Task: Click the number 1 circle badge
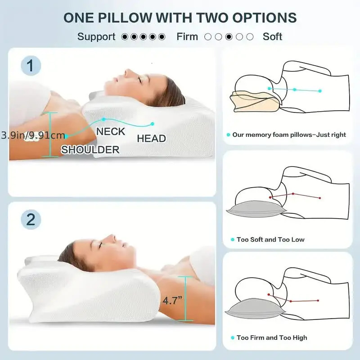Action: tap(31, 67)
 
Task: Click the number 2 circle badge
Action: tap(31, 220)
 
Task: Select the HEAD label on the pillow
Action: tap(151, 139)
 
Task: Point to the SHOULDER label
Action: tap(90, 150)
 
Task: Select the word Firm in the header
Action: tap(187, 37)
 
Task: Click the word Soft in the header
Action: tap(272, 37)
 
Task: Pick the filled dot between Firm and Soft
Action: tap(229, 37)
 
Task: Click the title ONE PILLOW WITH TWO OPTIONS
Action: tap(180, 18)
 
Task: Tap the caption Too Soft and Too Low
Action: tap(270, 239)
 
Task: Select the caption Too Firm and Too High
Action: tap(272, 337)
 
